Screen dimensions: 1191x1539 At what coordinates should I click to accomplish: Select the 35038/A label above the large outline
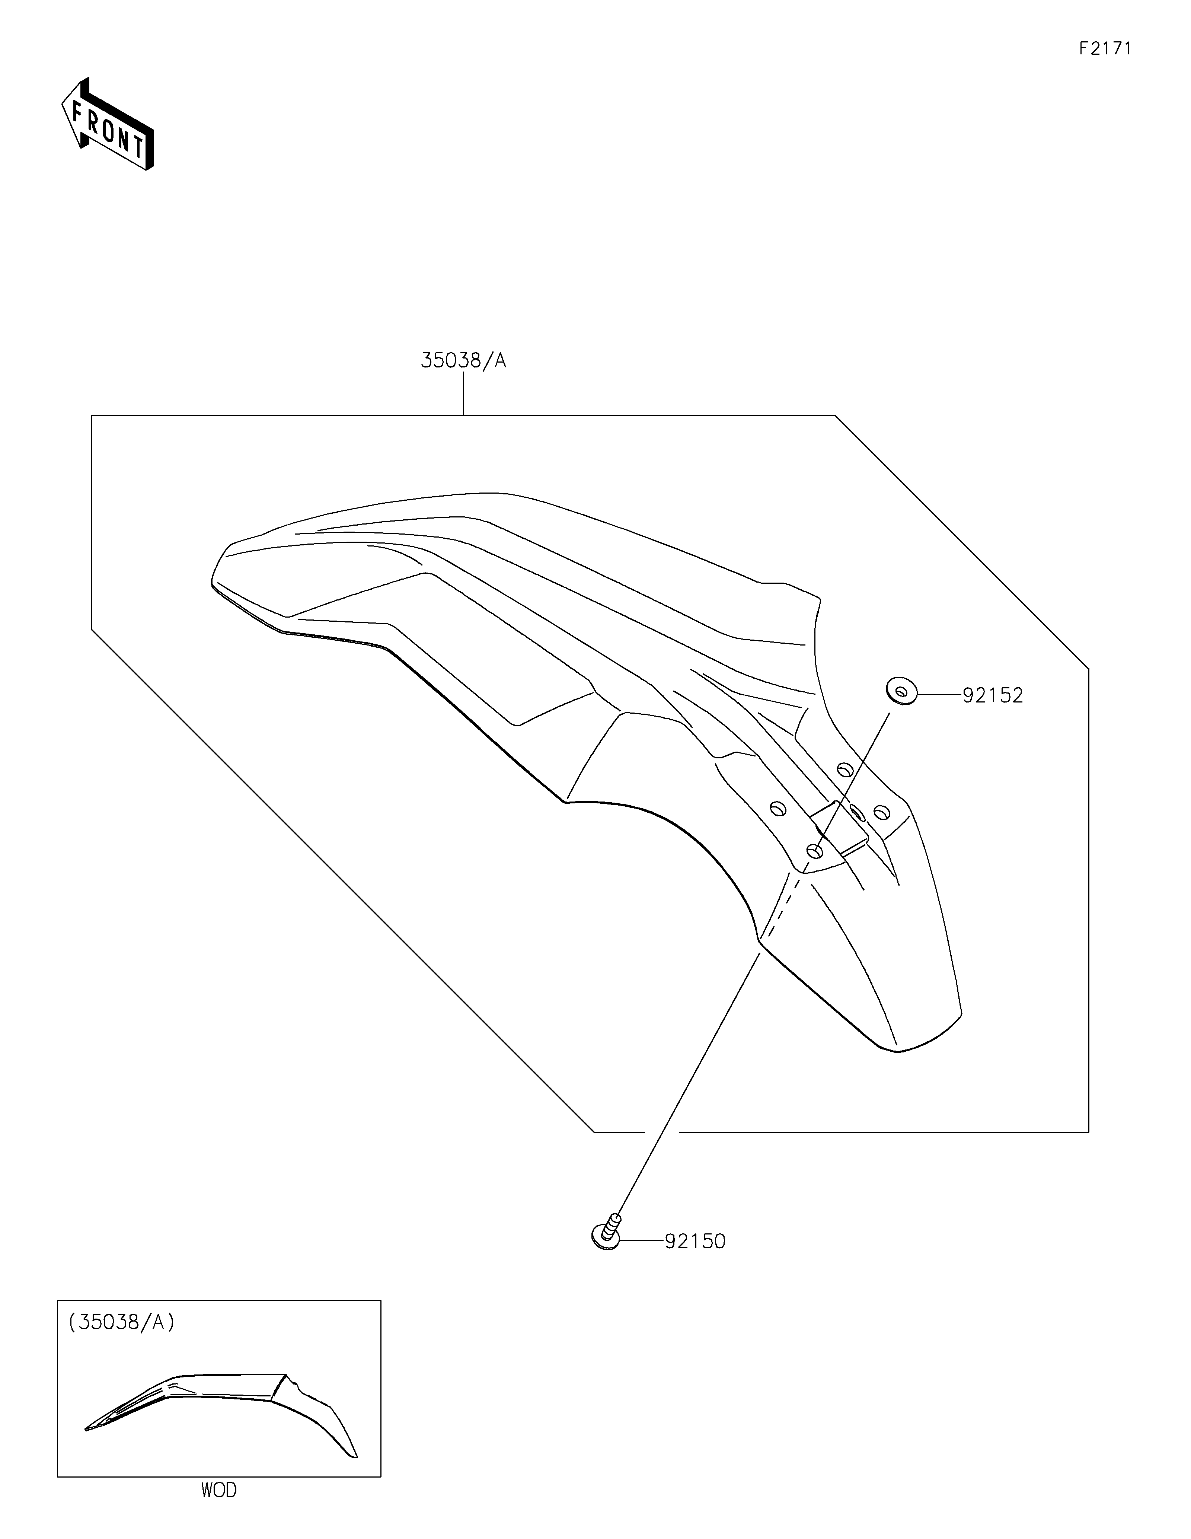[x=463, y=361]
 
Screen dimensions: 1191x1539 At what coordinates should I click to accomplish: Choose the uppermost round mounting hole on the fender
[x=844, y=769]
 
